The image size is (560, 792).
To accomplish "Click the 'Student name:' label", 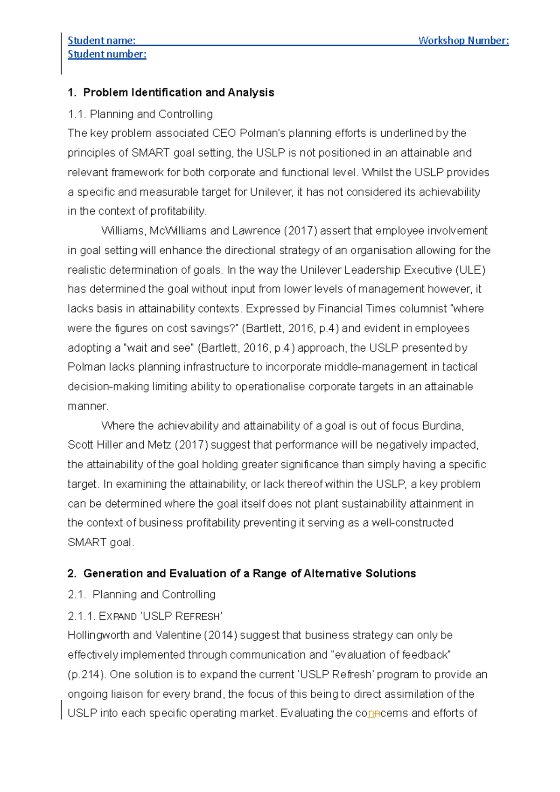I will (101, 41).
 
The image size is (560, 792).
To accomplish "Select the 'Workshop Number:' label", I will (463, 41).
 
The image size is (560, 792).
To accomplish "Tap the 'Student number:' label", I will (107, 54).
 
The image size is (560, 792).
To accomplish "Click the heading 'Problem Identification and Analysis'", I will (178, 92).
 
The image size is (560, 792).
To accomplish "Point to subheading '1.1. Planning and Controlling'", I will (140, 114).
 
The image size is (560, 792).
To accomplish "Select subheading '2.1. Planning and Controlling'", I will (141, 594).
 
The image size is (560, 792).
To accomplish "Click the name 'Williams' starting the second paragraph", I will (123, 231).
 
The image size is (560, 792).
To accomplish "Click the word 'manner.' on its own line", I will (88, 406).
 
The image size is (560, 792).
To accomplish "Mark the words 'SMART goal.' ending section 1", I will (100, 542).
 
